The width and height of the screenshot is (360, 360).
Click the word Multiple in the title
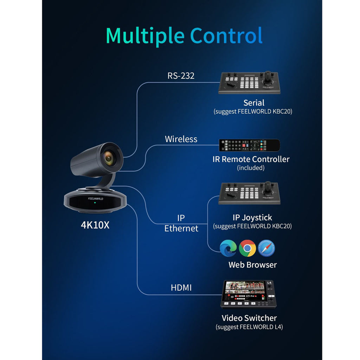tap(145, 36)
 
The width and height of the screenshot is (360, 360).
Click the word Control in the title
tap(226, 36)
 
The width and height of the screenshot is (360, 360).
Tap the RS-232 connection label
tap(181, 76)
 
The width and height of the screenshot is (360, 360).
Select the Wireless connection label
tap(181, 139)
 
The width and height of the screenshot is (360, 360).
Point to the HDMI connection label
tap(181, 288)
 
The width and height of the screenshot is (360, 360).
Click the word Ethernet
tap(181, 229)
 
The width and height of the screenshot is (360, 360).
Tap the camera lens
tap(109, 158)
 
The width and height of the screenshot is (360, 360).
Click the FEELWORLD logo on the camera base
tap(96, 199)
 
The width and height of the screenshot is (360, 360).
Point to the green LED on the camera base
tap(95, 203)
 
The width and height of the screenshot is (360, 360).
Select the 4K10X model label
tap(95, 225)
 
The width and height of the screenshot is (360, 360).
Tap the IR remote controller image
tap(249, 145)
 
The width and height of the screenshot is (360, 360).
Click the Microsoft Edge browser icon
tap(228, 248)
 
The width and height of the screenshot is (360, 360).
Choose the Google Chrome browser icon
tap(247, 248)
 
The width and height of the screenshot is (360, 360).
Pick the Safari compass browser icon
tap(266, 248)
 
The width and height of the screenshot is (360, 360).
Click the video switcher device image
tap(249, 294)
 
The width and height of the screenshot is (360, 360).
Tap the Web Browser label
tap(252, 265)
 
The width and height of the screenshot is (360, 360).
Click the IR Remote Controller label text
tap(251, 159)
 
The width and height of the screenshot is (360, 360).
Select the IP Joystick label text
tap(252, 218)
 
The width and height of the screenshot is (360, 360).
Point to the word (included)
tap(251, 168)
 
